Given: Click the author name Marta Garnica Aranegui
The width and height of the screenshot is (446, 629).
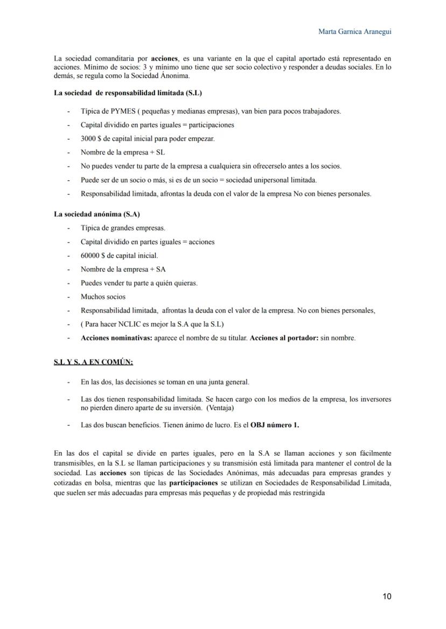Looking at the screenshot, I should point(354,32).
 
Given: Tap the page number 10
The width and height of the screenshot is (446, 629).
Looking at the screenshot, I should point(387,596).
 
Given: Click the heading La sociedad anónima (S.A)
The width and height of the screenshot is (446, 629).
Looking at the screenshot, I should point(97,214).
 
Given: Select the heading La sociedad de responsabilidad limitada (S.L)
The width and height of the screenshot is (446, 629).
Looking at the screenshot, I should point(128,93).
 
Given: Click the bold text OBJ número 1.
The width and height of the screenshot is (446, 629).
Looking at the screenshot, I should point(275,425).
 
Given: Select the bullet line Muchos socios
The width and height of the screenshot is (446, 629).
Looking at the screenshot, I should point(103,296).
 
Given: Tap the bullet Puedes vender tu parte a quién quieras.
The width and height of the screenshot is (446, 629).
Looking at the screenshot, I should point(139,283).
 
